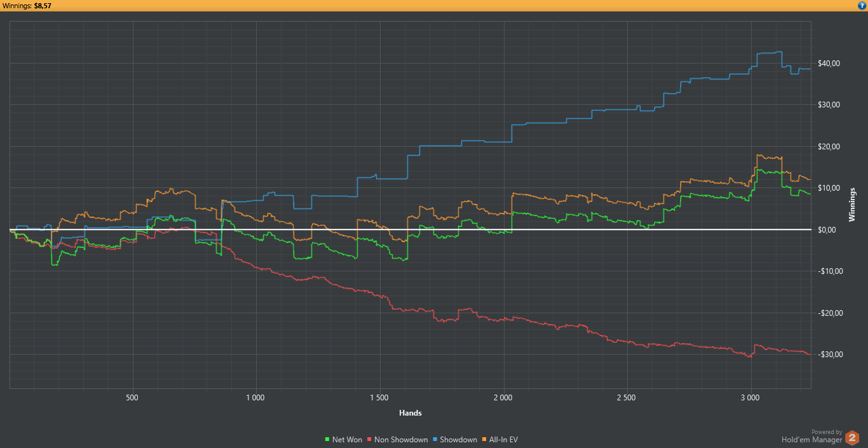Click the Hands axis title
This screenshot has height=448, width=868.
(x=410, y=413)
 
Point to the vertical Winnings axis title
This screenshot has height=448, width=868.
(x=853, y=205)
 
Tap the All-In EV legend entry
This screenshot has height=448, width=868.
(x=501, y=440)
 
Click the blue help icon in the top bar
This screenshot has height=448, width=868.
(x=862, y=6)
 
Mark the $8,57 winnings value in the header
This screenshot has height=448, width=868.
(x=42, y=6)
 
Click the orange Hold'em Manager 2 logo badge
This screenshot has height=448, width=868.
(x=852, y=438)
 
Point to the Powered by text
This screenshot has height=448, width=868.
(x=827, y=432)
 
